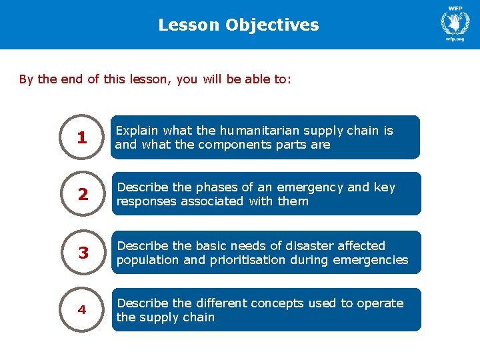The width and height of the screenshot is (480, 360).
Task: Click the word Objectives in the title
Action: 272,25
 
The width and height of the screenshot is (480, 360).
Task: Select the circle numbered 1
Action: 82,138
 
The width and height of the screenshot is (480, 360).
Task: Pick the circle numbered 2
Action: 82,195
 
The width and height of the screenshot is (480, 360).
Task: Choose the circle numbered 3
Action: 83,253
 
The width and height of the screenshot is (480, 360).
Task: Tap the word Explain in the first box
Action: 137,131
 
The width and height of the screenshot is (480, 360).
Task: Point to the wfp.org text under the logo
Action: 455,39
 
